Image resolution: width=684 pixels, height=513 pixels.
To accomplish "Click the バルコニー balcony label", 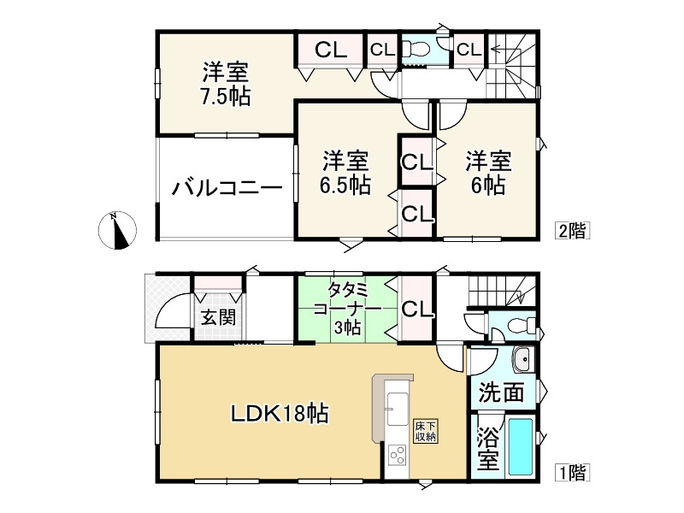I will pyautogui.click(x=226, y=187).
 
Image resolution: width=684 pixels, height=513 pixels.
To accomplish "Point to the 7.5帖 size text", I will pyautogui.click(x=226, y=97).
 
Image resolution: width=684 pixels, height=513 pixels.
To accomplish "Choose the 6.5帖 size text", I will pyautogui.click(x=345, y=186).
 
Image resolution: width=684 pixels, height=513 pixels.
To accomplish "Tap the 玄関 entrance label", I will pyautogui.click(x=218, y=318).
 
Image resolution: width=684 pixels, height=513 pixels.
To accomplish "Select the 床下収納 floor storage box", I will pyautogui.click(x=426, y=431).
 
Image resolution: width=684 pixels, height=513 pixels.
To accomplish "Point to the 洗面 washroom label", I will pyautogui.click(x=501, y=392).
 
